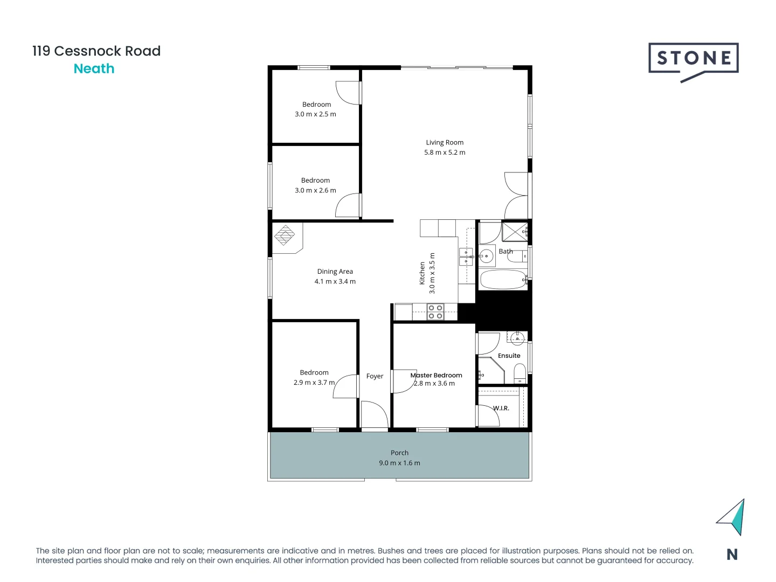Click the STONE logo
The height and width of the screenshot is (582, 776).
(693, 59)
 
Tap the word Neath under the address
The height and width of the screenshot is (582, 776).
(94, 69)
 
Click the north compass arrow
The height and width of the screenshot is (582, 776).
(732, 517)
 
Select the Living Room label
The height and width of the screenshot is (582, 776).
(445, 143)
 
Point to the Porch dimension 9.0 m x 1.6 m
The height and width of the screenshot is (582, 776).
(399, 463)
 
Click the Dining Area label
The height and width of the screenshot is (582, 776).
(335, 272)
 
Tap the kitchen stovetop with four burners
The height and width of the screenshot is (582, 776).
(435, 312)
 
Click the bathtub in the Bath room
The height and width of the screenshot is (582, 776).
(503, 280)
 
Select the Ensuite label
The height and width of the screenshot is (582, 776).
(509, 356)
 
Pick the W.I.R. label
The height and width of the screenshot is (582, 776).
(501, 408)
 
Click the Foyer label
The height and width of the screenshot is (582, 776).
(375, 376)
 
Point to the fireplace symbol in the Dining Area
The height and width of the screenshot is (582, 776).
(285, 235)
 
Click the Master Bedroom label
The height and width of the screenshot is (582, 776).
(436, 375)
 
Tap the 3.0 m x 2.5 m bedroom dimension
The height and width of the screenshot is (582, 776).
(315, 114)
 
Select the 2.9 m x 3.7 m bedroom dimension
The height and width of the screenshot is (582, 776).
(314, 383)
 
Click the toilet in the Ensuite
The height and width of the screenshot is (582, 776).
(519, 373)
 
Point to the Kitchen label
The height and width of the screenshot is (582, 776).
(422, 273)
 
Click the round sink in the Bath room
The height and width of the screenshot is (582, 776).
(486, 256)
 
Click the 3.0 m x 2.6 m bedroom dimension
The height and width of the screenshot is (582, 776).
(315, 190)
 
